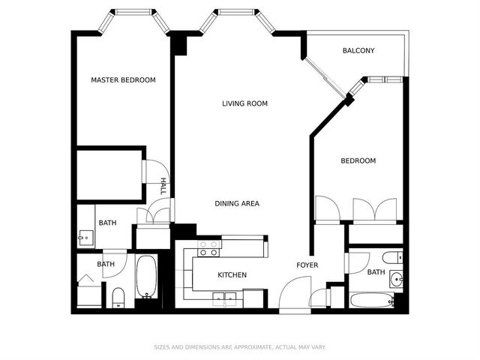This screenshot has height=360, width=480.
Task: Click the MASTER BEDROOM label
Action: point(123,80)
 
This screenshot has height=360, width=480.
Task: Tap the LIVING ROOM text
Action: point(245,103)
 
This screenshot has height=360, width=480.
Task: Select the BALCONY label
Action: point(358,50)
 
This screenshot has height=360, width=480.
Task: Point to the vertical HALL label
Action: point(163,186)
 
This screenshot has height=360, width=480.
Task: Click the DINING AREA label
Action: point(237,203)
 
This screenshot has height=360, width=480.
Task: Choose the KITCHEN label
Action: point(232,275)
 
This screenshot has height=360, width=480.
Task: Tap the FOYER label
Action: point(307,265)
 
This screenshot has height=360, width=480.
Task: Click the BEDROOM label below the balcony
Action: point(358,160)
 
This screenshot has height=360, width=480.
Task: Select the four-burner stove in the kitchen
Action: point(209,248)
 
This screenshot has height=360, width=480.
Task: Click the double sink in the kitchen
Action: point(225,298)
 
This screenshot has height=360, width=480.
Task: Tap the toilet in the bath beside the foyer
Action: point(392,257)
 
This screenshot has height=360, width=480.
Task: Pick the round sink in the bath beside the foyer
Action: point(397,279)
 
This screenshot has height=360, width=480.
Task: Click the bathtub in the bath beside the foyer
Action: point(372,300)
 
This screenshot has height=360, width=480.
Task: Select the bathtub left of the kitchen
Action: point(147,277)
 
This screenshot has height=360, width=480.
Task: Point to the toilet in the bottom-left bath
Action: point(118,298)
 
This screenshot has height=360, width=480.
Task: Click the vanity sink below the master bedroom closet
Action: point(85,238)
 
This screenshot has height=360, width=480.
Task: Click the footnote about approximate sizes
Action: point(240,347)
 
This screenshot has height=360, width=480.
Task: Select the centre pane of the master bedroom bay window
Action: point(133,12)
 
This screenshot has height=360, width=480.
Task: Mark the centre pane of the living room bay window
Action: point(236,12)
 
